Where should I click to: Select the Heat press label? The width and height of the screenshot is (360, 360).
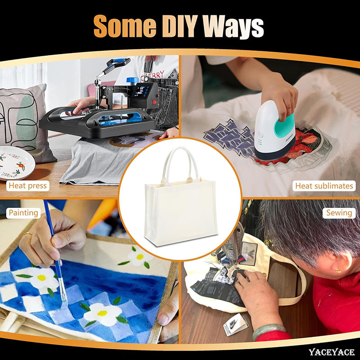(x=28, y=185)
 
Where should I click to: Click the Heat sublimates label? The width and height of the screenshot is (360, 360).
(x=324, y=186)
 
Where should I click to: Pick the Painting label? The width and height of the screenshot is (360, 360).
(x=23, y=213)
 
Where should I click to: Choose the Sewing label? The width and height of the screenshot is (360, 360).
(x=339, y=213)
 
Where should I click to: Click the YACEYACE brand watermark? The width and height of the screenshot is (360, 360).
(x=331, y=352)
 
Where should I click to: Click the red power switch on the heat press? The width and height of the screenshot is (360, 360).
(x=154, y=101)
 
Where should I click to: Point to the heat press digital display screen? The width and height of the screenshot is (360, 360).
(x=139, y=91)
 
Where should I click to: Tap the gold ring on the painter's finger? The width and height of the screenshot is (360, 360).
(x=27, y=234)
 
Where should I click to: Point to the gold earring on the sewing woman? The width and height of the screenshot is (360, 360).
(x=338, y=271)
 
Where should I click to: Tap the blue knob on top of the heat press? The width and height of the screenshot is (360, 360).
(x=133, y=81)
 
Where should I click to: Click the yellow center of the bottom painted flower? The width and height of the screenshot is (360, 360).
(x=102, y=313)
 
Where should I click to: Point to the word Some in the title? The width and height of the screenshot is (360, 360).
(x=125, y=26)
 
